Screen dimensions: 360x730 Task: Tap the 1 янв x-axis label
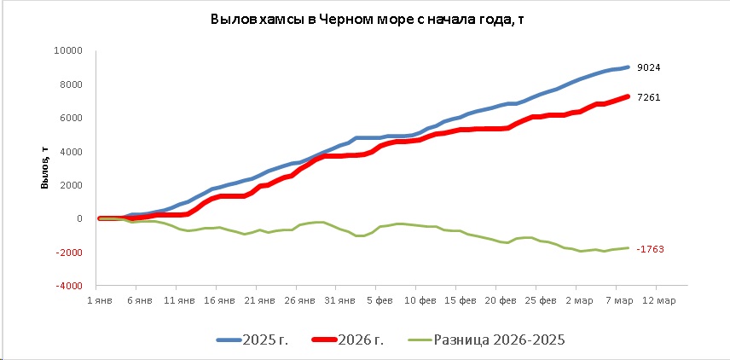tap(101, 300)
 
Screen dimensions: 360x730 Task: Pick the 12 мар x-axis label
tap(658, 300)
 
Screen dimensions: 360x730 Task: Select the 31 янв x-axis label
tap(339, 300)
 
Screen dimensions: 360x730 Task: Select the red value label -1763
tap(650, 249)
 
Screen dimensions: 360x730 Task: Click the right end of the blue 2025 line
tap(629, 67)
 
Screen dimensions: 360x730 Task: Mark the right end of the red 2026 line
tap(629, 96)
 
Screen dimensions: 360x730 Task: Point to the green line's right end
tap(629, 248)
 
